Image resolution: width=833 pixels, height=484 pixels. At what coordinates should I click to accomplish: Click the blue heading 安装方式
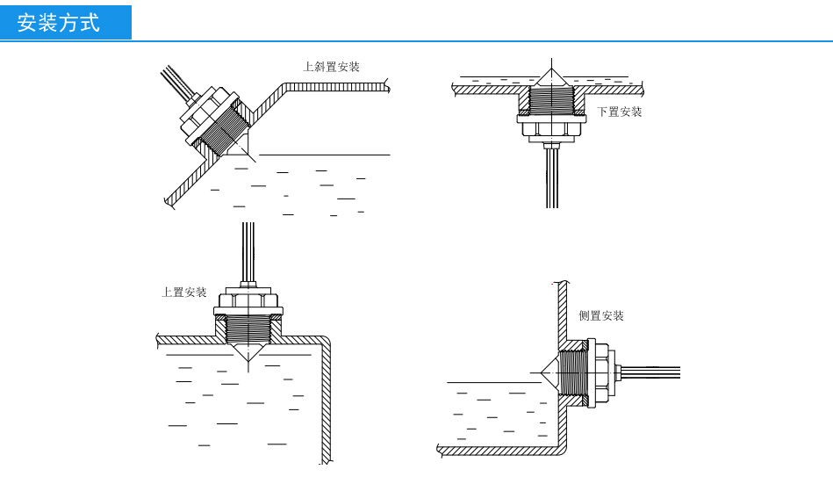[x=60, y=23]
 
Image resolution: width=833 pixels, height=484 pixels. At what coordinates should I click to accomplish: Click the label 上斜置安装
[x=331, y=67]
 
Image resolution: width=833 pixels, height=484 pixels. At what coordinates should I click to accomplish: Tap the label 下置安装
[x=620, y=112]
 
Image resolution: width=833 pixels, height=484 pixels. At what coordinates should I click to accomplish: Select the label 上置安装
[x=184, y=293]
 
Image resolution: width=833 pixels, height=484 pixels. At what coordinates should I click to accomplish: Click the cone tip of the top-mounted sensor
[x=248, y=362]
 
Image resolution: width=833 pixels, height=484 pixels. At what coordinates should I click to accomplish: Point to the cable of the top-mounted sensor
[x=248, y=250]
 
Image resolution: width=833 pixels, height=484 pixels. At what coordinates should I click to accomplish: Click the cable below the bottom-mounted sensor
[x=551, y=180]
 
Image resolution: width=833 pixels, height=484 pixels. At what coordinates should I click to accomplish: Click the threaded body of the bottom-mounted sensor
[x=550, y=101]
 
